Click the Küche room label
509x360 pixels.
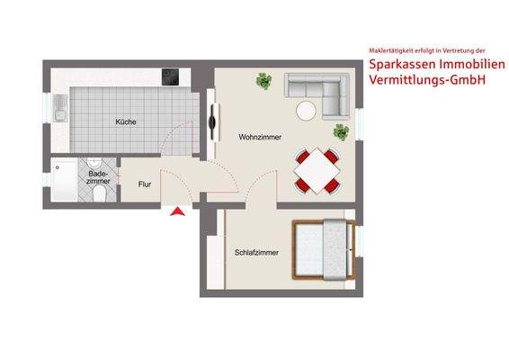[x=126, y=121]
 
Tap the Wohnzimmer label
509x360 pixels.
[x=259, y=138]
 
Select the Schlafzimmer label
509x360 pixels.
[x=256, y=252]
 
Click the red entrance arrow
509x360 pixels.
[x=178, y=211]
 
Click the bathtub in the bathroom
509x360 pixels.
[x=66, y=180]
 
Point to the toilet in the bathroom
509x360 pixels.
[x=101, y=193]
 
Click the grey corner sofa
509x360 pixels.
[x=318, y=90]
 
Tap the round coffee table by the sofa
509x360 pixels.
[x=307, y=111]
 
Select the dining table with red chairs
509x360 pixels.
[x=317, y=168]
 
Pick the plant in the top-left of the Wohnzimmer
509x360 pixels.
[x=263, y=82]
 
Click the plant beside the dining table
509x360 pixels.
[x=341, y=132]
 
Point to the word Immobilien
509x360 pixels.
[x=463, y=65]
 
